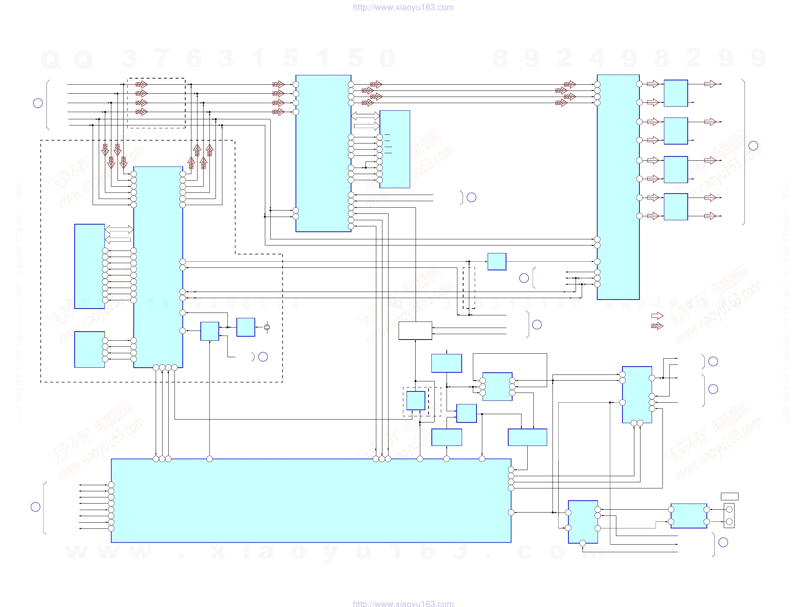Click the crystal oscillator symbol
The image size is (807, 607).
tap(267, 327)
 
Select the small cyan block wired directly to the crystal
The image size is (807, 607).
tap(245, 327)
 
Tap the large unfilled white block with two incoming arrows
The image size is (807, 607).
tap(415, 331)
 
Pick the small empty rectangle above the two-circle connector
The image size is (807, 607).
tap(729, 496)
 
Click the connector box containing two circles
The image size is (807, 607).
tap(729, 515)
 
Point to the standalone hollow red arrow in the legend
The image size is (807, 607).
tap(657, 315)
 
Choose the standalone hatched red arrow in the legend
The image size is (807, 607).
tap(657, 326)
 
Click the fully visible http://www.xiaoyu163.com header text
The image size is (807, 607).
tap(403, 7)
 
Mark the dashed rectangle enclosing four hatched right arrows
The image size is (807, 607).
tap(156, 103)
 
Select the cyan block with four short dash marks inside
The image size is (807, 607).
tap(395, 149)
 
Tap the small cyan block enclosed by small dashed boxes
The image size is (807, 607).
tap(416, 400)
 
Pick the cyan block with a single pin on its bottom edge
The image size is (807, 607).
tap(582, 522)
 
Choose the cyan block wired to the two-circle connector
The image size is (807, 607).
tap(688, 516)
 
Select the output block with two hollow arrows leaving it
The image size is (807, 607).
tap(676, 207)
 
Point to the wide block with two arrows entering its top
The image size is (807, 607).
tap(527, 437)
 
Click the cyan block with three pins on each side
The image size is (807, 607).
tap(497, 387)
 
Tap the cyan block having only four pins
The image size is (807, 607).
tap(89, 350)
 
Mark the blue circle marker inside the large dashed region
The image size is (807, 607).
tap(263, 357)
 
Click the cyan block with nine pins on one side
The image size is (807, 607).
tap(89, 266)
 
